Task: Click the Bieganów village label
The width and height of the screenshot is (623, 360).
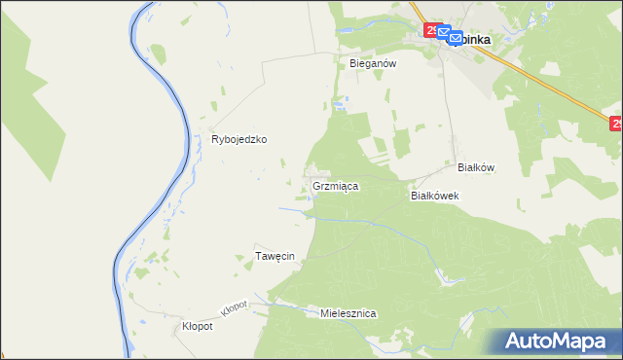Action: [x=370, y=62]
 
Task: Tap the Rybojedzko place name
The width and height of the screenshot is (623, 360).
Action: [x=239, y=139]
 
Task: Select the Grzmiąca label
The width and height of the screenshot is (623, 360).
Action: [x=337, y=185]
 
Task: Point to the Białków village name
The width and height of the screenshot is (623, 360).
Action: [x=476, y=167]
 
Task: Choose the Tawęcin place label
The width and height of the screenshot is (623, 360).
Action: [x=275, y=256]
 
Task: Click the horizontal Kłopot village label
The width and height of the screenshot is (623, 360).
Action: [x=198, y=326]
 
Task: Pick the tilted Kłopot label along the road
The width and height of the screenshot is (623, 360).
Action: [x=235, y=306]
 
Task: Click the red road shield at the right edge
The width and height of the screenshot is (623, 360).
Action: [x=616, y=124]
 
